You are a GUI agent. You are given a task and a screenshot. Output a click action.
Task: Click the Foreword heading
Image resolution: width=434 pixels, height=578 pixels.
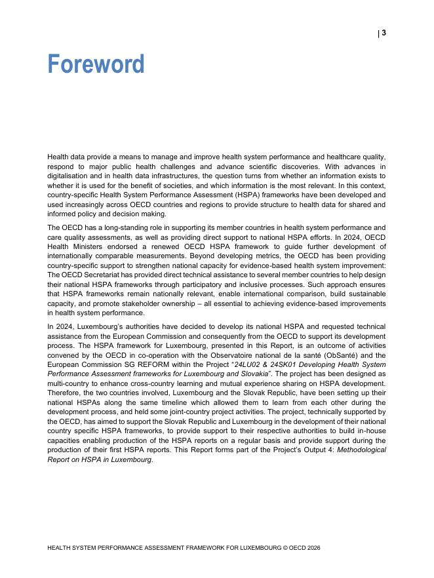pyautogui.click(x=96, y=64)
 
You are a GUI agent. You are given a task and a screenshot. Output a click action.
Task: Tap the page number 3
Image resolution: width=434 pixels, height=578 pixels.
pyautogui.click(x=384, y=33)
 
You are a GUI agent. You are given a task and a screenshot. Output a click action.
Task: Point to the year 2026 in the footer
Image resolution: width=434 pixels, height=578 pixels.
pyautogui.click(x=313, y=548)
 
